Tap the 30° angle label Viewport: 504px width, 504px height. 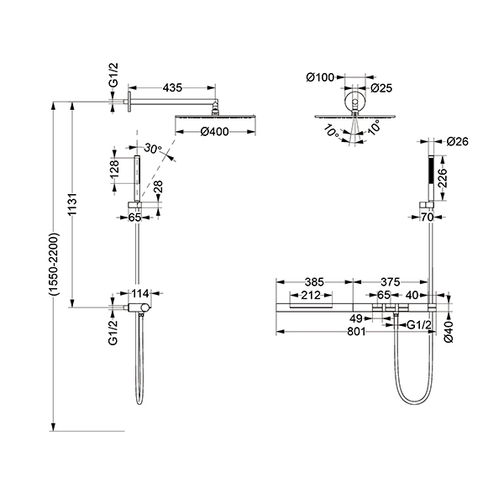152,149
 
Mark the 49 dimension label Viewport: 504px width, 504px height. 356,319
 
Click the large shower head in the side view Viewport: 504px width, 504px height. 216,117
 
